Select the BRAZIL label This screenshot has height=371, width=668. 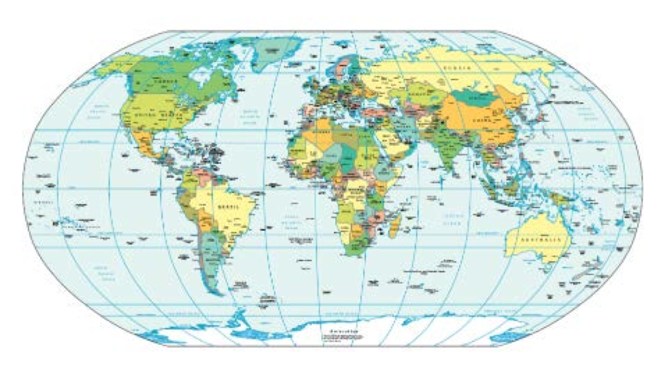(229, 206)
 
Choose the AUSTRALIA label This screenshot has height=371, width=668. (541, 239)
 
